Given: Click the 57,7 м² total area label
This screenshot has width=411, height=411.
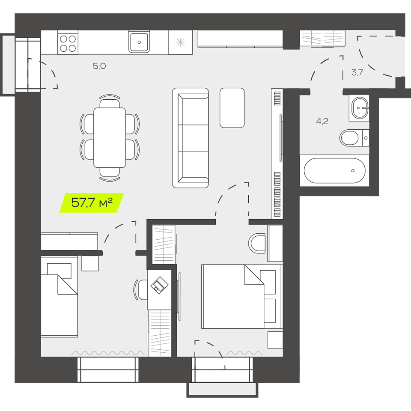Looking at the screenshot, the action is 92,203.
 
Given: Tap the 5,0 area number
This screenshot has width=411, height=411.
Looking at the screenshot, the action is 99,66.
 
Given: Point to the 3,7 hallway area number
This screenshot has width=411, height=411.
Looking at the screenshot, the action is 357,72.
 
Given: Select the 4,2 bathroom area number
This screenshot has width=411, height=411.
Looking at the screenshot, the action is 322,121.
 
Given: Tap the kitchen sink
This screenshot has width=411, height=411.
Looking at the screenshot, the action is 139,42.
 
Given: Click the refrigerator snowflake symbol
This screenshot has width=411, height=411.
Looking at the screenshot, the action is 180,42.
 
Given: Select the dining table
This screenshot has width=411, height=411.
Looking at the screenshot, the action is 110,137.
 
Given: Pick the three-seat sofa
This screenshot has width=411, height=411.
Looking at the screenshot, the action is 191,138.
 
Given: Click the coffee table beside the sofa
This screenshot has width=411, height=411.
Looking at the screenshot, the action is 232,108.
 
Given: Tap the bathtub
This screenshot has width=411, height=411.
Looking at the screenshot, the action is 334,171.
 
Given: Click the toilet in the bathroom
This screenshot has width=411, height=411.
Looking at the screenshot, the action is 354,137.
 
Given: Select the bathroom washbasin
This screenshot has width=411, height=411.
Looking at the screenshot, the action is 360,108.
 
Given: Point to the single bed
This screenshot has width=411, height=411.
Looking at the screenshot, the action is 59,297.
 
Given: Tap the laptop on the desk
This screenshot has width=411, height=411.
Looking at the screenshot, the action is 159,285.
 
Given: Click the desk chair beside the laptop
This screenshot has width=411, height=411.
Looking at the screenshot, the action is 140,290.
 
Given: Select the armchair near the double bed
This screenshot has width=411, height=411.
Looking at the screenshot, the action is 257,244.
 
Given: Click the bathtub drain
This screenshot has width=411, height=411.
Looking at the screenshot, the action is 353,171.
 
